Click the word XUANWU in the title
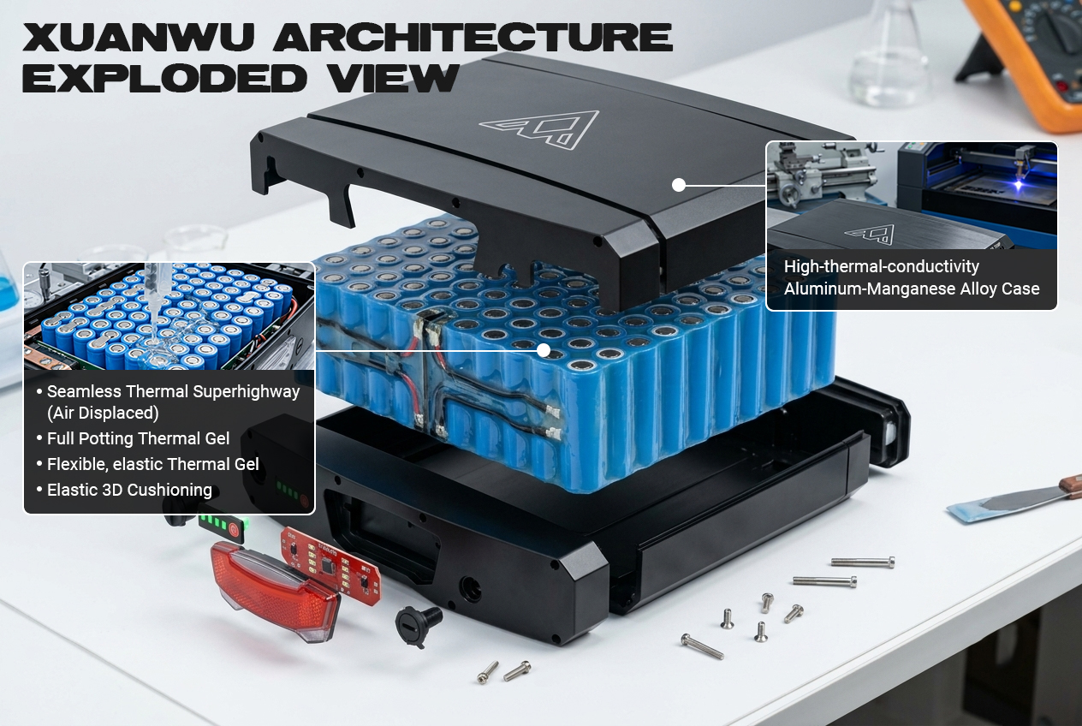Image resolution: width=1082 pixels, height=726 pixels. tap(139, 37)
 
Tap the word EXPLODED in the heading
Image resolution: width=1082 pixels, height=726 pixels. tap(164, 78)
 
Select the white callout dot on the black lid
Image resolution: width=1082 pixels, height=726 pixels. tap(679, 185)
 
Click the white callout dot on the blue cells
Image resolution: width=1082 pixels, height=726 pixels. tap(544, 350)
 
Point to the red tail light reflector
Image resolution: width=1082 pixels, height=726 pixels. tap(275, 590)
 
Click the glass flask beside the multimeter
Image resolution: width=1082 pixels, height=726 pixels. tap(888, 58)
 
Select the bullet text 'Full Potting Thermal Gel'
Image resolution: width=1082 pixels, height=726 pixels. tap(138, 438)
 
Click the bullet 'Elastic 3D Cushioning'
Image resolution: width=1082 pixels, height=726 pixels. tap(129, 490)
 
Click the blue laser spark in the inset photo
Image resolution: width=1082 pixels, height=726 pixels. tap(1019, 185)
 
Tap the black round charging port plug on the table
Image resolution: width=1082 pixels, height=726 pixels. tap(419, 626)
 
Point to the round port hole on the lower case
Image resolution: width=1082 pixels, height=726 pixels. tap(470, 589)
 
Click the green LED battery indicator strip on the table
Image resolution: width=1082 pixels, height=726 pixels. tap(223, 525)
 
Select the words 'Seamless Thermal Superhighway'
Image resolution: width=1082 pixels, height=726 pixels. tap(174, 391)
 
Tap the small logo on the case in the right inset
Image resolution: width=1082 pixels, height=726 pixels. tap(870, 235)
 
